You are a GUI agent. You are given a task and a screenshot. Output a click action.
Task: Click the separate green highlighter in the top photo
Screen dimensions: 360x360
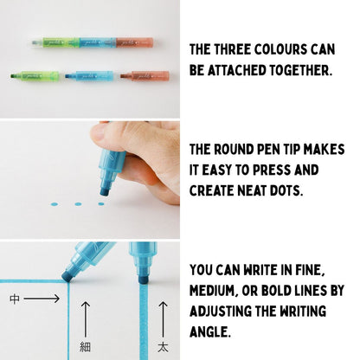click(x=37, y=76)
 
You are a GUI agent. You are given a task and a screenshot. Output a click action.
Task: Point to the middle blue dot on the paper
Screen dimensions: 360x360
click(x=79, y=205)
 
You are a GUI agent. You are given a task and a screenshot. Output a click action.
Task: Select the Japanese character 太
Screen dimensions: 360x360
click(x=162, y=343)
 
